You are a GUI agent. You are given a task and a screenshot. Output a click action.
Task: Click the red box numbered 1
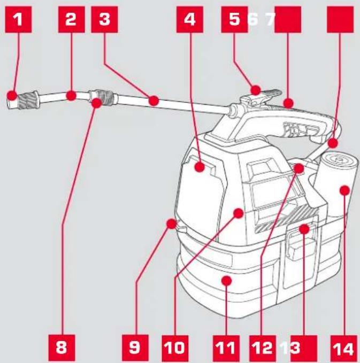[x=18, y=19]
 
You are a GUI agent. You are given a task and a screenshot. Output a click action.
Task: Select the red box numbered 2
[x=72, y=19]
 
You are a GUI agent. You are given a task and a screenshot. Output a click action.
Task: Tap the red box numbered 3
[x=104, y=19]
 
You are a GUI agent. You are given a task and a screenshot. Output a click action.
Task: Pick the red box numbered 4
[x=190, y=19]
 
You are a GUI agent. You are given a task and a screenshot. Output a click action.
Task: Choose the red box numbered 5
[x=234, y=19]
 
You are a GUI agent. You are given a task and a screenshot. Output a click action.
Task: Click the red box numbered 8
[x=62, y=347]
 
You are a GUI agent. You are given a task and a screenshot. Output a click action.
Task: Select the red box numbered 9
[x=135, y=347]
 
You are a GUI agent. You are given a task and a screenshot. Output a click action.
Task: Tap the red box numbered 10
[x=175, y=348]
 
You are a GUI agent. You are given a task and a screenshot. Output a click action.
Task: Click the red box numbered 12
[x=263, y=348]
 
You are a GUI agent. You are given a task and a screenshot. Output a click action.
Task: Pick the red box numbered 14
[x=343, y=348]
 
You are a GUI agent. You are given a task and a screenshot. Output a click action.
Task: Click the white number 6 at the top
[x=253, y=19]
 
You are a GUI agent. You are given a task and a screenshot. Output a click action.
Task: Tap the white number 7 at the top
[x=270, y=19]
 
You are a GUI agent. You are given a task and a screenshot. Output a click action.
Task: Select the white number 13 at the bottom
[x=290, y=348]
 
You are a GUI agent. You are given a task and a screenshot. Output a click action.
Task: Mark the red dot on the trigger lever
[x=256, y=90]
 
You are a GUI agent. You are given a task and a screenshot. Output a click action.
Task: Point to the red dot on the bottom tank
[x=226, y=281]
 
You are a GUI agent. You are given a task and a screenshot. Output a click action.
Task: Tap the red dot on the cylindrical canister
[x=344, y=190]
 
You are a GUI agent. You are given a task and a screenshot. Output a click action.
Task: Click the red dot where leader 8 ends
[x=97, y=103]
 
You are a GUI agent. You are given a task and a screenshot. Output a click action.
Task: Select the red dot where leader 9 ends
[x=172, y=224]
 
